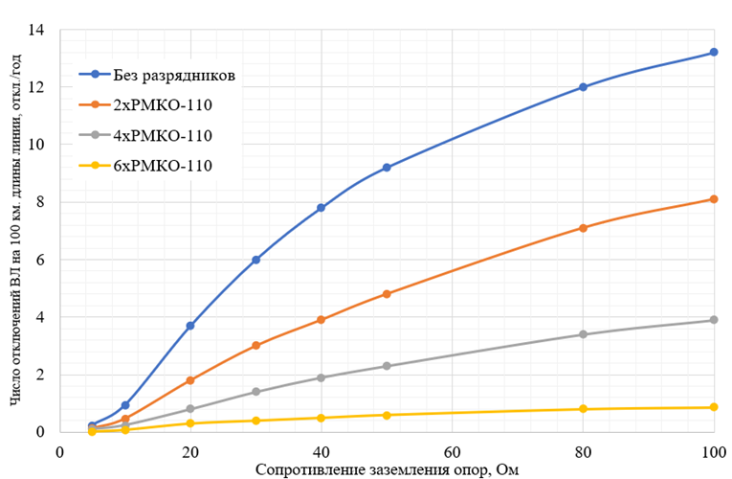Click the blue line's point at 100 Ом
click(x=714, y=53)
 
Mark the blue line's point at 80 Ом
click(x=583, y=87)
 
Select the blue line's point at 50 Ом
click(x=387, y=168)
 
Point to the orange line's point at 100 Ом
click(x=714, y=199)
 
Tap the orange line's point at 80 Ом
click(x=583, y=228)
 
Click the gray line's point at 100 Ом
click(x=714, y=320)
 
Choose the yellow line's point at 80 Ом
click(x=583, y=409)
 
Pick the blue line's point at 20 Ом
click(x=190, y=326)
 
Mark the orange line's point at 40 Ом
click(x=322, y=320)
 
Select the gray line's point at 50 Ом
click(x=387, y=366)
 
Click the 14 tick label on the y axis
click(x=38, y=30)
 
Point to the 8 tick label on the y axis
click(x=41, y=202)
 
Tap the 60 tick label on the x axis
click(x=452, y=451)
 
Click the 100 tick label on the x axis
click(x=712, y=451)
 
